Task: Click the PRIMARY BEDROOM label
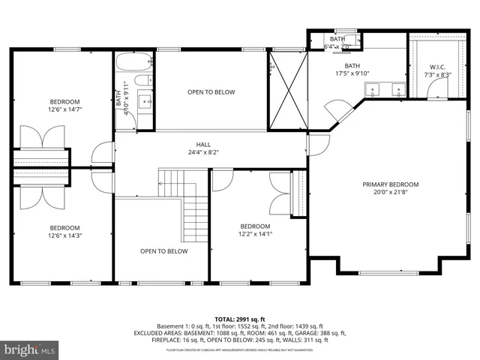click(390, 184)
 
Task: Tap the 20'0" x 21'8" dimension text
click(390, 192)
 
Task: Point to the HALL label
click(203, 145)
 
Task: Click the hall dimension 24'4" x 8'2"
click(203, 152)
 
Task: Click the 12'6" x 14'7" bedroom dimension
click(64, 110)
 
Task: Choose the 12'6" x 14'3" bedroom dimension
click(64, 235)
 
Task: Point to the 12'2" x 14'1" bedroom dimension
click(255, 234)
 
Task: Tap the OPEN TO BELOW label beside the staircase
click(163, 251)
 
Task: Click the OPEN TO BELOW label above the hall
click(211, 92)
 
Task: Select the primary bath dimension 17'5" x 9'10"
click(352, 73)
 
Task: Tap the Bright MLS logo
click(30, 349)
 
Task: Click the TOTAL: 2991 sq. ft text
click(239, 319)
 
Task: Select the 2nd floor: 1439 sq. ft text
click(292, 326)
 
